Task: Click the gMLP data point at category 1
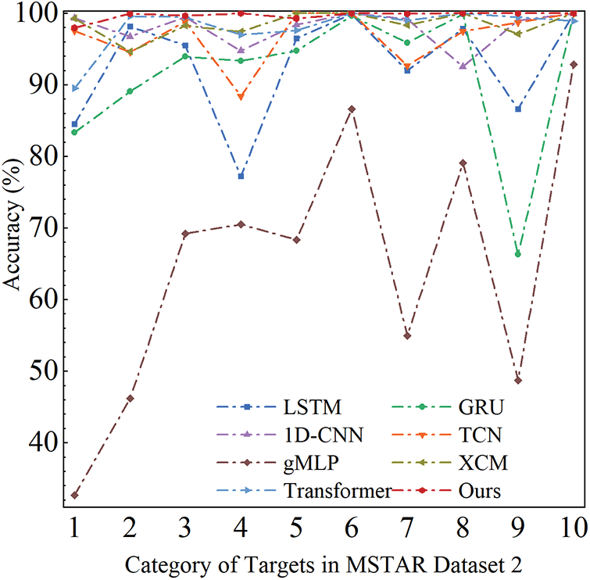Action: pyautogui.click(x=74, y=496)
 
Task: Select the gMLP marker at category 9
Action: pyautogui.click(x=518, y=381)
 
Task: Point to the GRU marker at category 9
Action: pyautogui.click(x=518, y=254)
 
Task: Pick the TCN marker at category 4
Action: pyautogui.click(x=241, y=97)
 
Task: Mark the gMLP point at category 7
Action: pyautogui.click(x=407, y=335)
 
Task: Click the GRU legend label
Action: pyautogui.click(x=481, y=406)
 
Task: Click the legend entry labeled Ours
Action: pyautogui.click(x=481, y=491)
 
